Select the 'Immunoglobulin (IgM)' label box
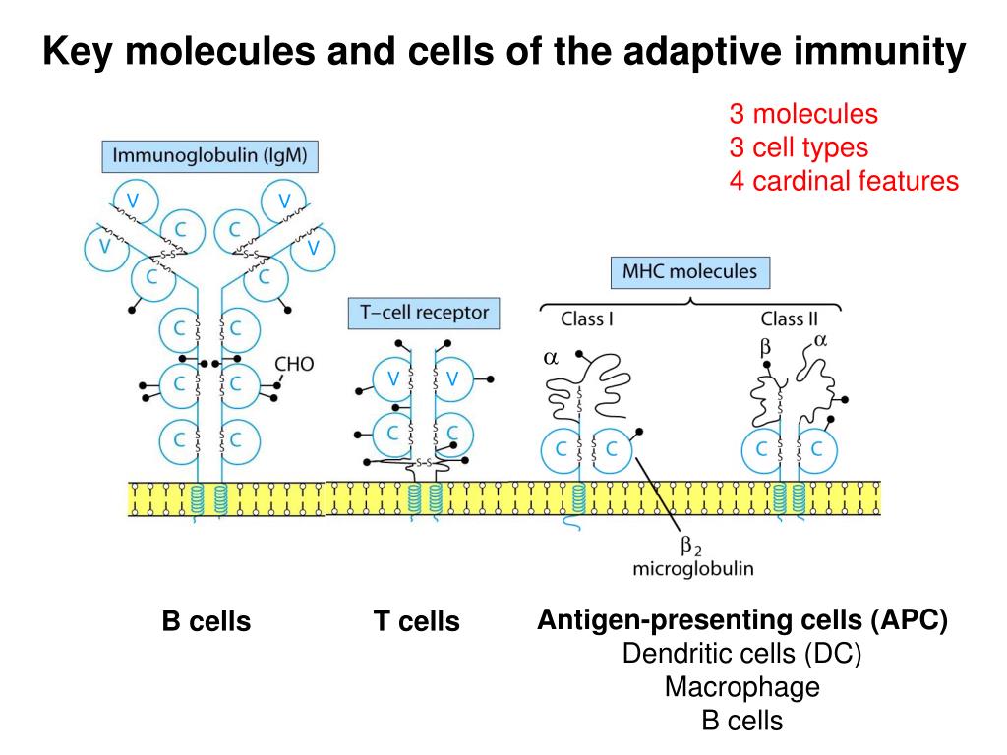[210, 155]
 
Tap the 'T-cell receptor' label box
[424, 313]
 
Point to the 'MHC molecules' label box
[689, 271]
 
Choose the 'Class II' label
[789, 319]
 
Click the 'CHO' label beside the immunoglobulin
[294, 364]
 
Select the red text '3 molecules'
[802, 114]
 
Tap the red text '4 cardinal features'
[843, 181]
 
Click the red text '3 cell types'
[799, 147]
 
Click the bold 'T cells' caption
[417, 622]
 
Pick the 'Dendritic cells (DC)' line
[741, 655]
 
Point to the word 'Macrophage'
[741, 687]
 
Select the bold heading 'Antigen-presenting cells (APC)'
[742, 621]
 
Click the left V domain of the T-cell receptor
[393, 379]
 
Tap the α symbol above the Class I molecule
[551, 359]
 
